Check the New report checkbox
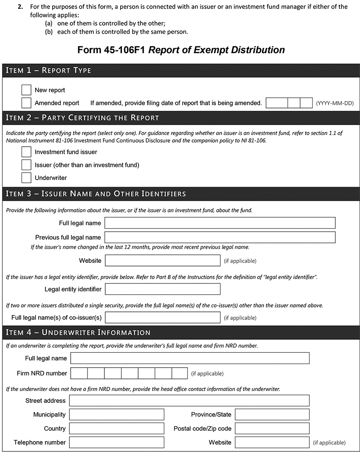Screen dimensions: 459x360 [26, 90]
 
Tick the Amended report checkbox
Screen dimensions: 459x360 [26, 103]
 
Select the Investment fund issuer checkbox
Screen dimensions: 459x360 [26, 152]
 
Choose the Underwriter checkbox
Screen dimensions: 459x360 [26, 178]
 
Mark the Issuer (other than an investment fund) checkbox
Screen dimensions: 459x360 [26, 165]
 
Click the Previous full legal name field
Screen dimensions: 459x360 [220, 237]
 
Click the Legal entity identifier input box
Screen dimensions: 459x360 [162, 289]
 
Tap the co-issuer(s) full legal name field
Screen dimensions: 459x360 [162, 317]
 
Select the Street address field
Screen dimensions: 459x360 [189, 400]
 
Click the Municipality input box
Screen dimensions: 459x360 [117, 414]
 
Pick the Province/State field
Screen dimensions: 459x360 [272, 414]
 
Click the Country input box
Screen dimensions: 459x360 [117, 428]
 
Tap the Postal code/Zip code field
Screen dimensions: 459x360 [272, 428]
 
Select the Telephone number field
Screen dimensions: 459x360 [117, 442]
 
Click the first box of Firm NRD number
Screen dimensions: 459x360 [79, 373]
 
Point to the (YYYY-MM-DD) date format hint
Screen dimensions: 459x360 [335, 103]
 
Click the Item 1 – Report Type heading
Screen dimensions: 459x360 [48, 70]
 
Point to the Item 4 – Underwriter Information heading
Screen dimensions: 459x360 [78, 333]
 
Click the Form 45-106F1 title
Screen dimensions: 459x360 [181, 49]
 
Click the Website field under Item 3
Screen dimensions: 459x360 [162, 261]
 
